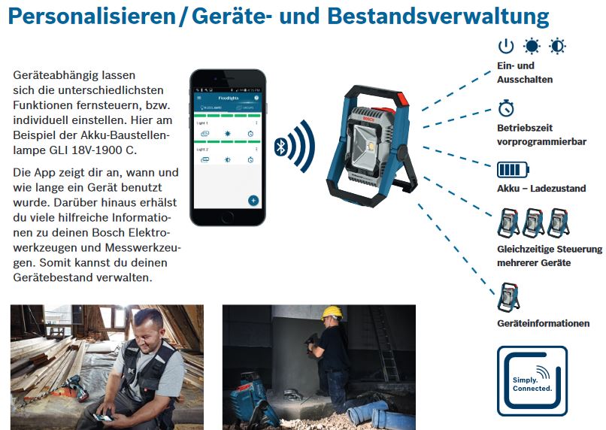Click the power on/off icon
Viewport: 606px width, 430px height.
pyautogui.click(x=507, y=47)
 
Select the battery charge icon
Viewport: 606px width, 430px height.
pyautogui.click(x=513, y=168)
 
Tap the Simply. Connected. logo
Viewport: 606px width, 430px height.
pyautogui.click(x=532, y=380)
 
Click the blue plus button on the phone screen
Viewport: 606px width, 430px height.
pyautogui.click(x=253, y=200)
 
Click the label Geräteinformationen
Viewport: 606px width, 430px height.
pyautogui.click(x=543, y=323)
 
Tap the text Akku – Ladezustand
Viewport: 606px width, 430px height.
pyautogui.click(x=541, y=189)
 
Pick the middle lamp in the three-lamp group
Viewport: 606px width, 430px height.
pyautogui.click(x=533, y=223)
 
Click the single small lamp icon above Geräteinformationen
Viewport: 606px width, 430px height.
pyautogui.click(x=508, y=297)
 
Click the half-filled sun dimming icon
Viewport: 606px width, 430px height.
pyautogui.click(x=557, y=47)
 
